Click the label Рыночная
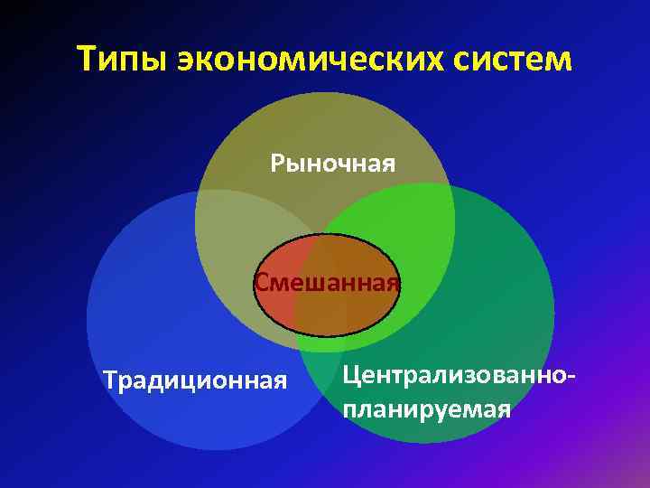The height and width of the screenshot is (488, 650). coord(333,164)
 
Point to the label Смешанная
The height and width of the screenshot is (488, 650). coord(327,283)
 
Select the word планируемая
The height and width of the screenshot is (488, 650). coord(427,409)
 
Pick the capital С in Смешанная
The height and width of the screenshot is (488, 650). coord(263,283)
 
